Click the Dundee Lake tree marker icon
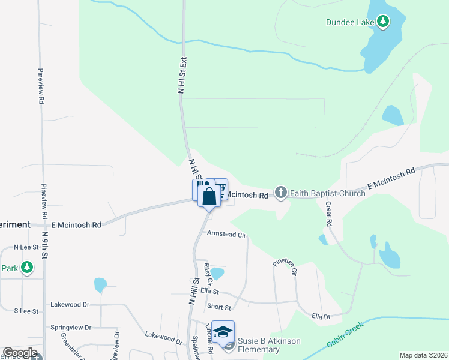tap(383, 22)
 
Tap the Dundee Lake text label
tap(350, 23)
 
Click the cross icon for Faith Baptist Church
tap(280, 193)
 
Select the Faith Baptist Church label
tap(327, 193)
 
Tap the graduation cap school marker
tap(223, 331)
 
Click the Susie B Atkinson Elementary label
tap(268, 346)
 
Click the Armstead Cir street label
tap(226, 235)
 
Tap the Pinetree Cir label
tap(285, 268)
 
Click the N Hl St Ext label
tap(182, 75)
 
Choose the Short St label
tap(218, 307)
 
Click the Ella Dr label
tap(321, 316)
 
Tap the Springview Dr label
tap(71, 328)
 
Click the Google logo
tap(20, 353)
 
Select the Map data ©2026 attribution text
tap(423, 355)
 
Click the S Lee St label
tap(26, 311)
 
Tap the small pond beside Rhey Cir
tap(218, 274)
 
